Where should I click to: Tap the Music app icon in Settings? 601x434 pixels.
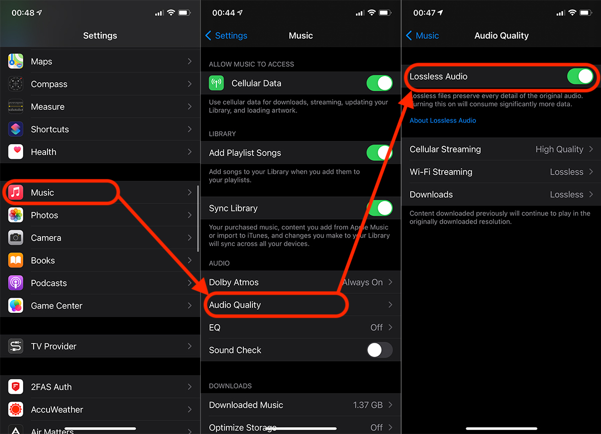click(16, 192)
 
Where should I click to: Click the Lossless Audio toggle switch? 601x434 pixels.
click(580, 76)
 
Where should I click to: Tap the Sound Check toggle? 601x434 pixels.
click(380, 350)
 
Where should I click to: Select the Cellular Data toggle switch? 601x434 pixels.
click(380, 83)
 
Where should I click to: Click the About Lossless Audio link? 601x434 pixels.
click(443, 120)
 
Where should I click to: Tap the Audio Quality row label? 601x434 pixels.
click(235, 305)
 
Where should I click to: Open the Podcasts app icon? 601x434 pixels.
click(16, 283)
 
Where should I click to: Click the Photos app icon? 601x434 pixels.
click(16, 215)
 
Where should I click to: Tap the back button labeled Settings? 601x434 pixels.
click(226, 36)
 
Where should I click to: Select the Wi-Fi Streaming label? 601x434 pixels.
click(441, 172)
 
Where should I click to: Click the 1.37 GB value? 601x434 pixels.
click(368, 405)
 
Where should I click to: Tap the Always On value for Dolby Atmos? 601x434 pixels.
click(363, 282)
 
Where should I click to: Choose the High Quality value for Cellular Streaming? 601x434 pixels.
click(559, 149)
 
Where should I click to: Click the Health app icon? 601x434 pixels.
click(16, 152)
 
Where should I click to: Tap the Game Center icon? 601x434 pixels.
click(16, 305)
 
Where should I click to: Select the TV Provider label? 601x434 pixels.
click(54, 346)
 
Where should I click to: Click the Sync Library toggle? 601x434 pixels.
click(380, 208)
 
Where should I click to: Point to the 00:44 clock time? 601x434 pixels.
click(223, 13)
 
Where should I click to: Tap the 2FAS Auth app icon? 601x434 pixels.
click(16, 387)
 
